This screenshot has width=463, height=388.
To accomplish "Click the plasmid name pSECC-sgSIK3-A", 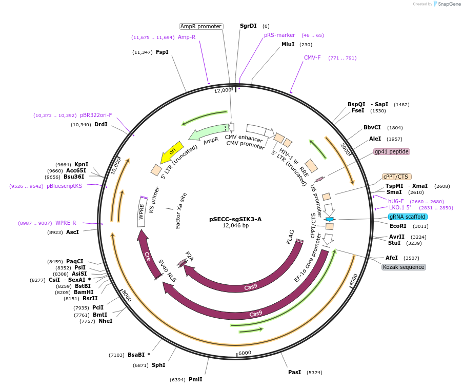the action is click(235, 219).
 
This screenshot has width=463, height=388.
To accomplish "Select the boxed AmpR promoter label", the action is click(201, 26).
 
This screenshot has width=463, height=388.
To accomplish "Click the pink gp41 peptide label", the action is click(391, 151).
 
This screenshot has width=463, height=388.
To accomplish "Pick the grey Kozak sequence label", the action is click(404, 267).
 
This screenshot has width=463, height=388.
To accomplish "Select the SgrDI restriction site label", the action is click(248, 26).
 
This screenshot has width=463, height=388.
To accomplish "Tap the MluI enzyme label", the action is click(288, 45).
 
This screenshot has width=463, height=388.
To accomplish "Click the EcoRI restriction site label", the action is click(398, 226).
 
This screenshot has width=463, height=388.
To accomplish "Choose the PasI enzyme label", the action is click(294, 372).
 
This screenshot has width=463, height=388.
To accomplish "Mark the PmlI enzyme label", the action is click(195, 379).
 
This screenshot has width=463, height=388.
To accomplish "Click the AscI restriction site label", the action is click(73, 232).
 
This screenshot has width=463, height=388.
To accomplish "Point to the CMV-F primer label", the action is click(312, 57).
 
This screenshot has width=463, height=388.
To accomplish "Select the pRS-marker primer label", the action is click(279, 35).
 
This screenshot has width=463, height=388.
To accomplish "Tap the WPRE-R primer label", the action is click(66, 223).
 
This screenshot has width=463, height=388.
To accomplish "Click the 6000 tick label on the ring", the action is click(245, 353).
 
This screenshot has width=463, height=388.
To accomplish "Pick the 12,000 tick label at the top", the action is click(223, 90).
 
